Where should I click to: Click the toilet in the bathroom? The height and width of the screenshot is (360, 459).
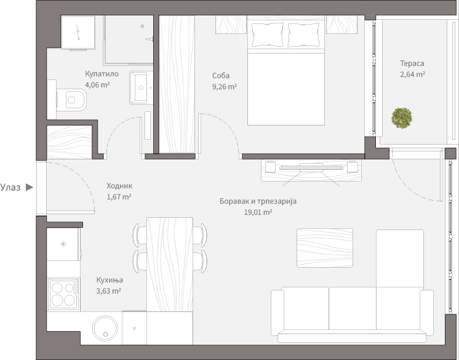71,100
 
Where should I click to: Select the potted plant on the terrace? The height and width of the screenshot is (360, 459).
402,118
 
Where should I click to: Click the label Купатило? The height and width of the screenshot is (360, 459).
102,74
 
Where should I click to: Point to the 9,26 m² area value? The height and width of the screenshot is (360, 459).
225,87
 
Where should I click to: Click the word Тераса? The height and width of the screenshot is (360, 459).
412,63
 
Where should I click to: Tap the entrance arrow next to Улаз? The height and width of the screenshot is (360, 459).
30,187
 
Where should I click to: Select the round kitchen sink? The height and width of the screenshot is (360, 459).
105,328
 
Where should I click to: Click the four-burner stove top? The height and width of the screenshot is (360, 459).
64,294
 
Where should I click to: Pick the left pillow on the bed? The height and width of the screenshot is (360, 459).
268,34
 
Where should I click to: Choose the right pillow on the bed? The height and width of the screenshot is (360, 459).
304,34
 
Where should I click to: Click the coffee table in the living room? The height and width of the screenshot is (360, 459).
325,248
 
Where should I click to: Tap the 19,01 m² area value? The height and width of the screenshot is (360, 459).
258,212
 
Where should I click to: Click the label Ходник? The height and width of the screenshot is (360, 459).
119,186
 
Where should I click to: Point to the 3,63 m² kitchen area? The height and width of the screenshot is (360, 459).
109,291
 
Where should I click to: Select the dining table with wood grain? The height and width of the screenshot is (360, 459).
170,264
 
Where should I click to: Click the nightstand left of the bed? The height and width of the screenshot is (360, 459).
231,24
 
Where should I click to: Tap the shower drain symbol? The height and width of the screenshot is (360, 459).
143,26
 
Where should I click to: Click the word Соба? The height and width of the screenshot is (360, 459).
221,76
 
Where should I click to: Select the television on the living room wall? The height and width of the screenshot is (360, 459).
311,167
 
